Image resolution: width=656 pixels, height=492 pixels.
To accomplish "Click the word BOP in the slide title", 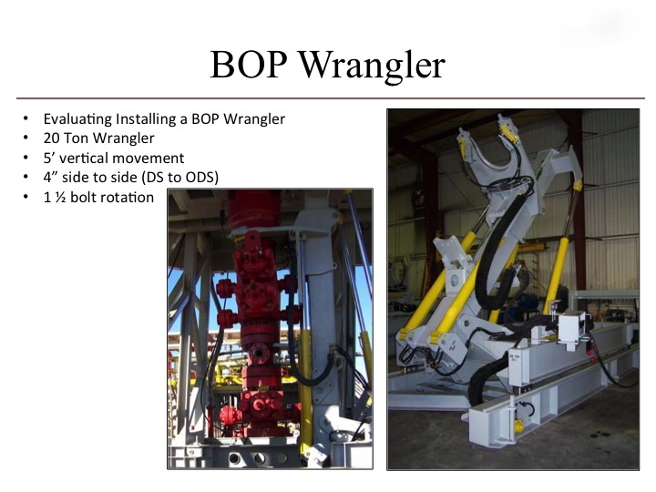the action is pos(249,65).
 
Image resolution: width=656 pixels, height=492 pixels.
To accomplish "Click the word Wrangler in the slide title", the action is pos(372,67).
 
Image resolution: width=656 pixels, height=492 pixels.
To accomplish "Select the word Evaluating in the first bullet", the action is pos(77,119).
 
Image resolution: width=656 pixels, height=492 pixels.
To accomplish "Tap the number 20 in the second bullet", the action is pos(52,138).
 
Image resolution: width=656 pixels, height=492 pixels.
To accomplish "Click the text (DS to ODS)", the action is pos(180,178).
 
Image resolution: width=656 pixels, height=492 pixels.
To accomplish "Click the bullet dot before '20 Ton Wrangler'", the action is pos(26,138).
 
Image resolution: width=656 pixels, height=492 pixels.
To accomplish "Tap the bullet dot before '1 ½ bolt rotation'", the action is pos(26,197).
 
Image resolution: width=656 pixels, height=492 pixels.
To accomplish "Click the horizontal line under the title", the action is pos(331,98).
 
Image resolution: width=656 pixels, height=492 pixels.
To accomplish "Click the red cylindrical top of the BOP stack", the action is pos(253,210).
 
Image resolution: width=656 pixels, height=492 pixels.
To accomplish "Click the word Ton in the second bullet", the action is pos(77,138).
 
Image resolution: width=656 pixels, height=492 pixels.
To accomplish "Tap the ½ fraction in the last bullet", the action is pos(61,197).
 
